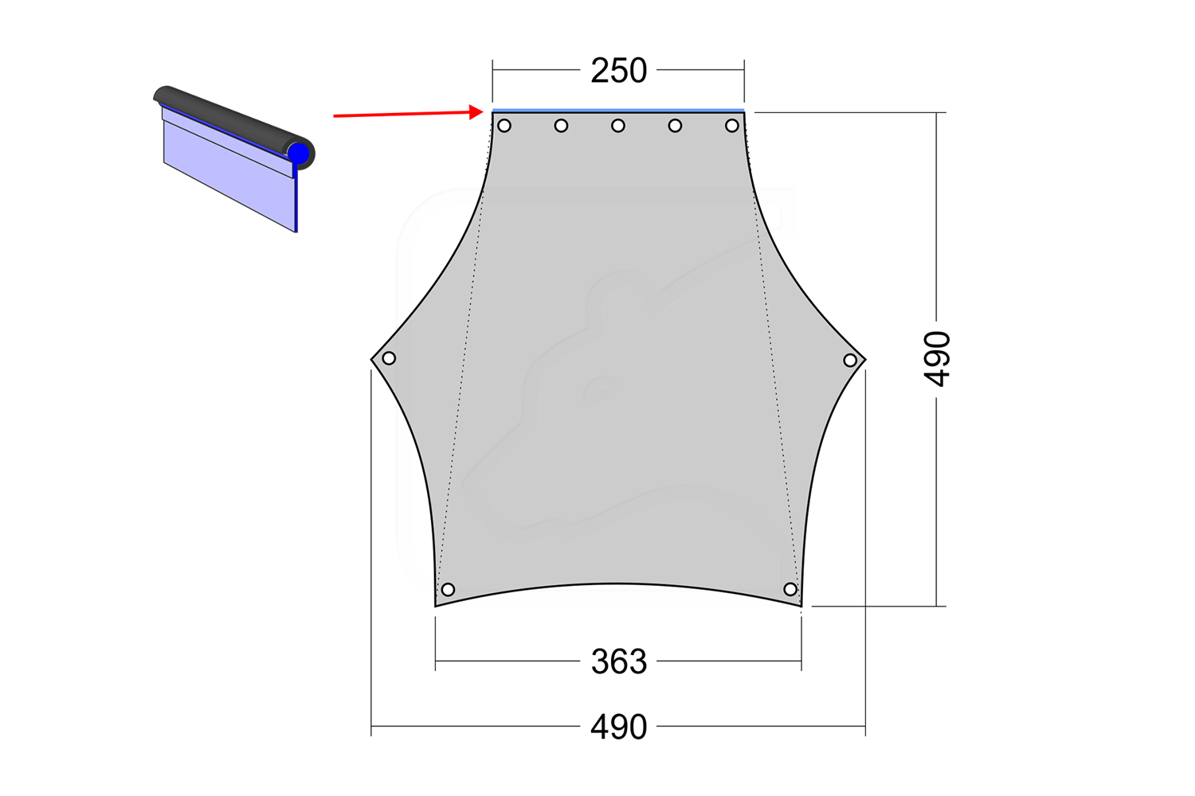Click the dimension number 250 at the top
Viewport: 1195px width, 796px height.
(618, 71)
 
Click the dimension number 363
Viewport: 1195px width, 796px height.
(618, 661)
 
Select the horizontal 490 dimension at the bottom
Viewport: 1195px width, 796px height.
(618, 728)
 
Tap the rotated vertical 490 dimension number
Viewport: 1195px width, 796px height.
(938, 359)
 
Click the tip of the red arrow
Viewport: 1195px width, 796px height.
(482, 112)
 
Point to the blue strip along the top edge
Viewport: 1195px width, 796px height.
(618, 110)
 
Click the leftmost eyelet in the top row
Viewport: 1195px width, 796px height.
(504, 126)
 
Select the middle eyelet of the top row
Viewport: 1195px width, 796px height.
(618, 126)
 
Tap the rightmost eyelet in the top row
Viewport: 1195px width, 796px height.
(732, 126)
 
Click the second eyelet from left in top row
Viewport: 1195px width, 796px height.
(562, 126)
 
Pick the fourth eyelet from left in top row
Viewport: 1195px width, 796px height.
(676, 126)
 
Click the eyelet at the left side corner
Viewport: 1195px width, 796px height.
(389, 358)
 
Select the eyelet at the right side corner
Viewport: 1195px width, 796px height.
(850, 361)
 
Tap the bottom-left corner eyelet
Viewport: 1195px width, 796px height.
(448, 590)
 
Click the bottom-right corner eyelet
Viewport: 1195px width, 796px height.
(790, 589)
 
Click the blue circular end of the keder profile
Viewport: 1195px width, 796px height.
(299, 153)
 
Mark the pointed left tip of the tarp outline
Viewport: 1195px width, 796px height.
(372, 359)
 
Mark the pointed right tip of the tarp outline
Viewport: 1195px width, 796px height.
(865, 360)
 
